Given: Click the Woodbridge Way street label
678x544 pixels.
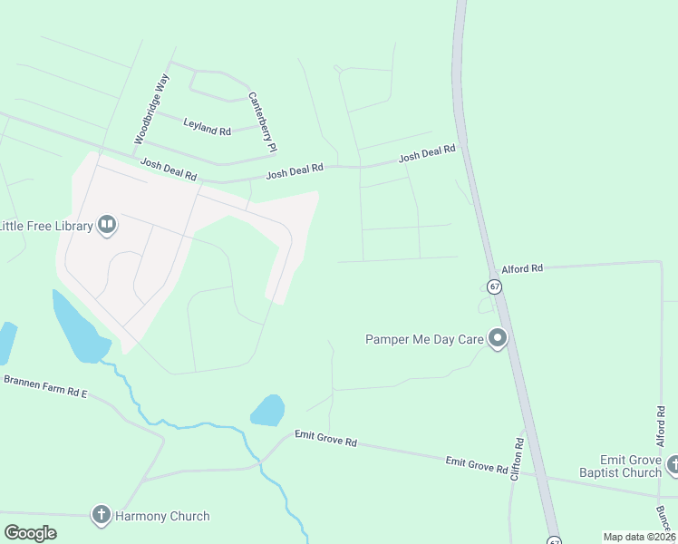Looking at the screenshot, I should click(151, 109).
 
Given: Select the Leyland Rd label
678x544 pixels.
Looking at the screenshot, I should click(207, 126).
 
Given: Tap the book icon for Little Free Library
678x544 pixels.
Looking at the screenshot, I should click(107, 224).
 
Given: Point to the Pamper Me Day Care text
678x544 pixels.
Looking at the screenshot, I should click(423, 339).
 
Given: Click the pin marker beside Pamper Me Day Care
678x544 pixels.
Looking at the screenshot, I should click(497, 339).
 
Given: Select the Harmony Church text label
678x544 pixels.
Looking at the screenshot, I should click(162, 516).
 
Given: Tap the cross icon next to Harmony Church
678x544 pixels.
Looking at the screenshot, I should click(101, 515).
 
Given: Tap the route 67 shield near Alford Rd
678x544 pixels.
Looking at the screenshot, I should click(494, 287).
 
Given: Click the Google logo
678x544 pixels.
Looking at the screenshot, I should click(30, 533).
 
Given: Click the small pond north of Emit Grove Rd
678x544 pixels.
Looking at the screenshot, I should click(268, 411).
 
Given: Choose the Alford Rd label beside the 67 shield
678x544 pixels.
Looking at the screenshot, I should click(522, 268).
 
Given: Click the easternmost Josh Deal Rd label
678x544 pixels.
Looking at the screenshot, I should click(427, 156).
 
